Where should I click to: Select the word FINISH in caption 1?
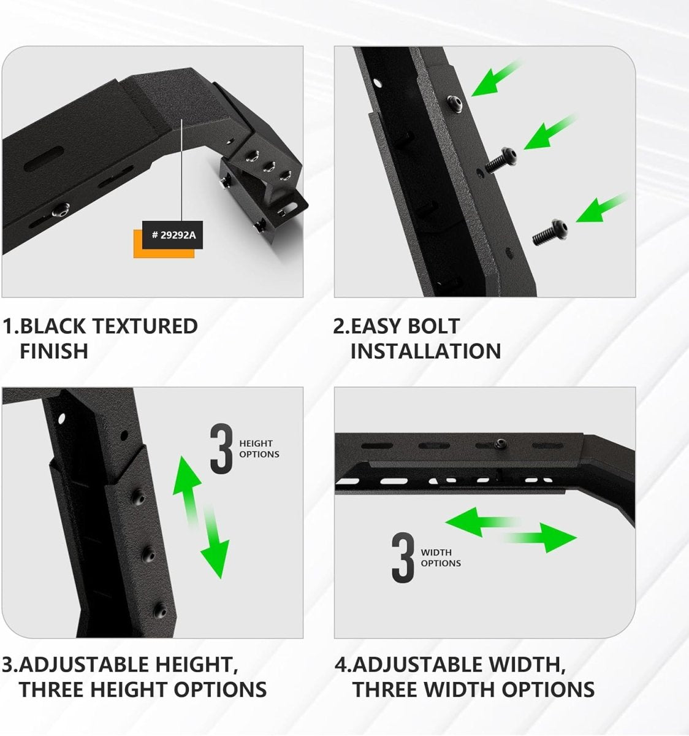click(54, 351)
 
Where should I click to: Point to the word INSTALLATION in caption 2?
click(425, 351)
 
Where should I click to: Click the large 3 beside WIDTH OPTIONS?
click(403, 558)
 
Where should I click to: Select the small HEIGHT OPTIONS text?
click(259, 449)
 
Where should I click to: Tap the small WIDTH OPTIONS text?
click(440, 558)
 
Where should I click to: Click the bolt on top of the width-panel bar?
click(500, 443)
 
